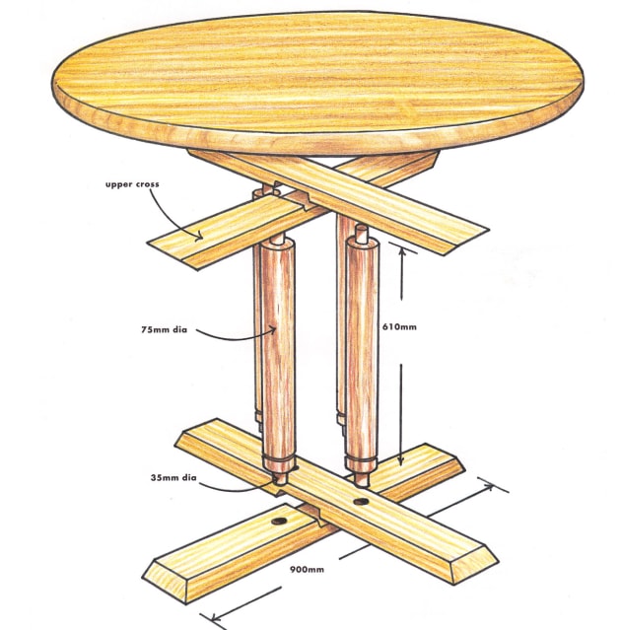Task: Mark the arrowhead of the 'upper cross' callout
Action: coord(202,238)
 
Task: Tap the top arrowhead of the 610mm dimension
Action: coord(401,248)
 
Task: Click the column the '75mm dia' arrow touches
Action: coord(279,345)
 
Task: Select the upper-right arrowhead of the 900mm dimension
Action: coord(492,487)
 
